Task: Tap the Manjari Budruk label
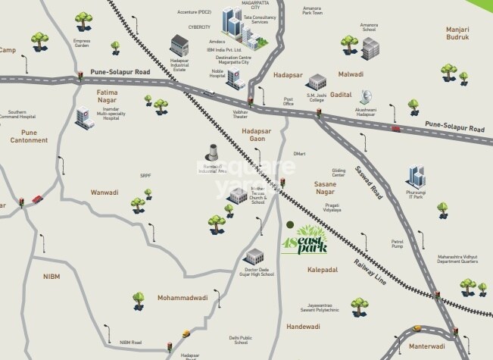[458, 33]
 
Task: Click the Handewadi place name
[303, 327]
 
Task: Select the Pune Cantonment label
[29, 136]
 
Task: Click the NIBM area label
[51, 277]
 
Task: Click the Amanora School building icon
[370, 49]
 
